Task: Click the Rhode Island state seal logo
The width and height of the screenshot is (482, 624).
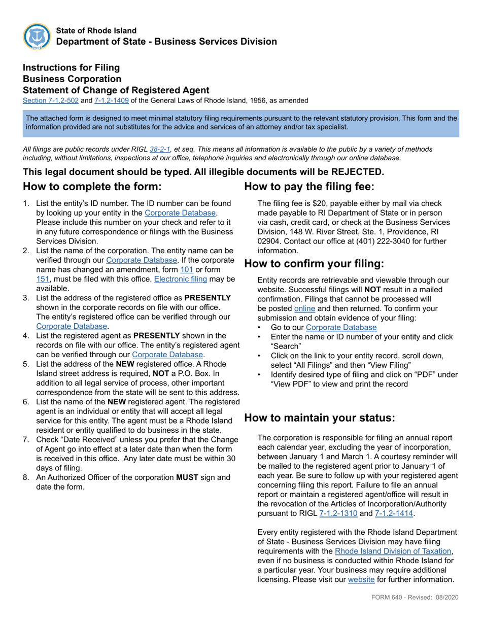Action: pyautogui.click(x=37, y=37)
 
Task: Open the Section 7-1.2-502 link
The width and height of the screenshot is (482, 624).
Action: pyautogui.click(x=50, y=100)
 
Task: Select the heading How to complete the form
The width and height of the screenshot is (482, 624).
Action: pyautogui.click(x=92, y=186)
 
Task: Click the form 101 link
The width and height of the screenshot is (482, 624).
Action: pyautogui.click(x=187, y=270)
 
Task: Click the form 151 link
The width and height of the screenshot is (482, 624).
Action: pyautogui.click(x=42, y=279)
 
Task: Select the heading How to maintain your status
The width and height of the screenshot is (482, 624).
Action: pyautogui.click(x=319, y=418)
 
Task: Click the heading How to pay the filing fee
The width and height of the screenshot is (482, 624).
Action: pyautogui.click(x=309, y=186)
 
